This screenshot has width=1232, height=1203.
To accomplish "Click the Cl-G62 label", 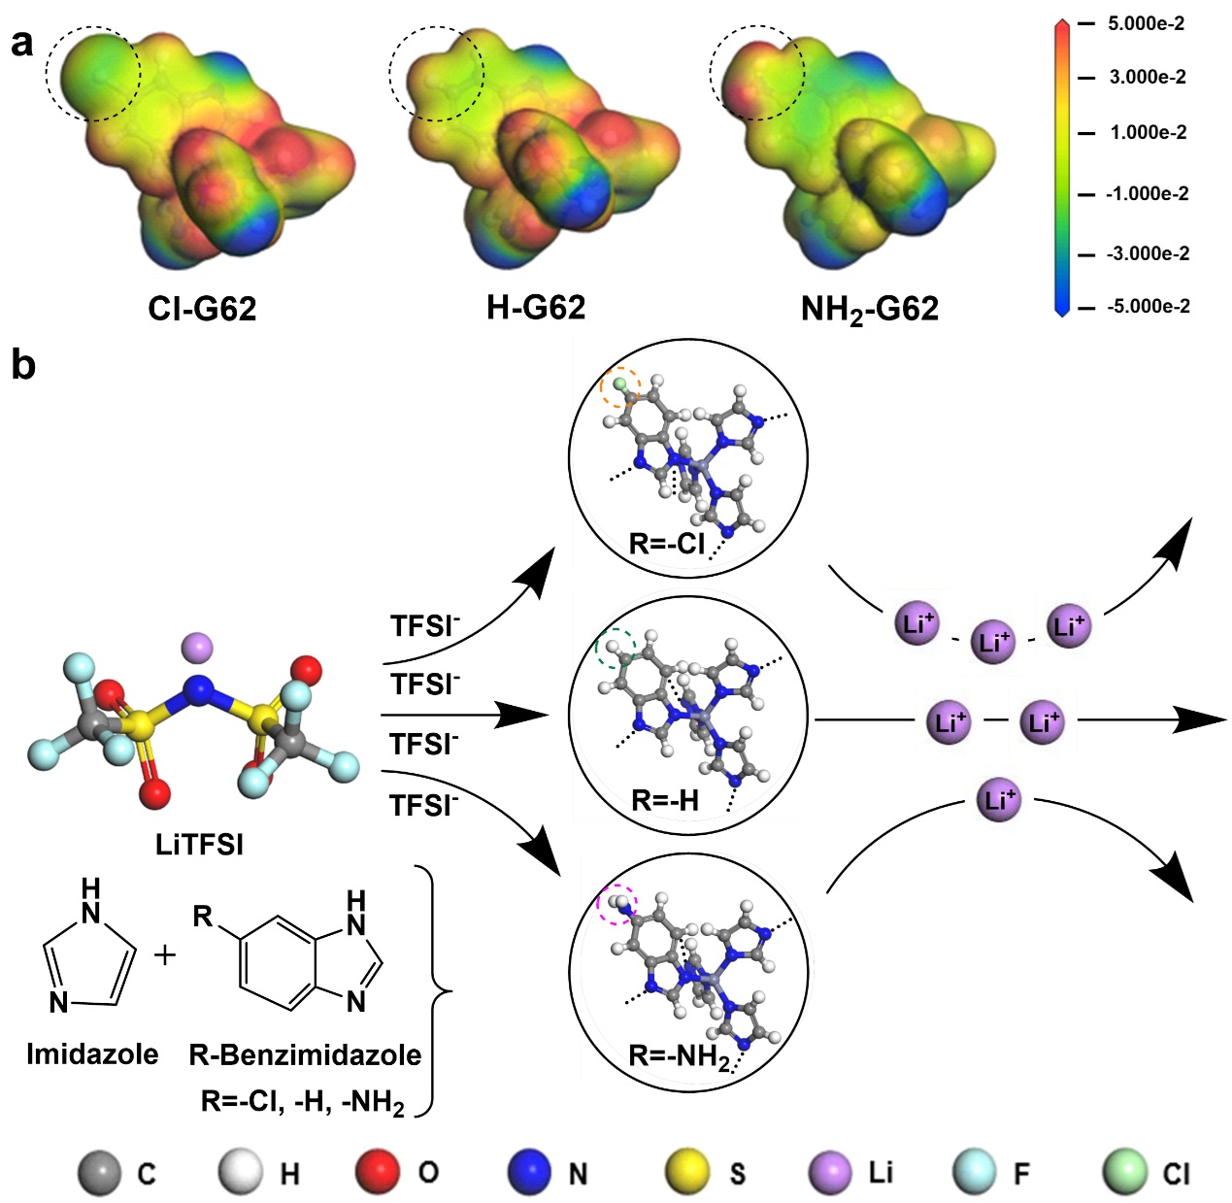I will click(x=202, y=309).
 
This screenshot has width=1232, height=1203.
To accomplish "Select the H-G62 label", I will click(x=536, y=308).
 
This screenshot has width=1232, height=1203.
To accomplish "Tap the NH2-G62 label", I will click(x=870, y=310).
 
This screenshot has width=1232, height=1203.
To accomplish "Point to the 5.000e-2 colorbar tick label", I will click(x=1146, y=24).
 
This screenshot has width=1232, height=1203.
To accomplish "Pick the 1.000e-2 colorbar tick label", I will click(x=1148, y=133).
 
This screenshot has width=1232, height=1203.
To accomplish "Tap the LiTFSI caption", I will click(x=199, y=844).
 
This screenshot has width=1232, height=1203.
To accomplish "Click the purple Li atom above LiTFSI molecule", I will click(x=197, y=646).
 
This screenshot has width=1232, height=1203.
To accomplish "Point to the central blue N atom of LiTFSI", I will click(x=199, y=690).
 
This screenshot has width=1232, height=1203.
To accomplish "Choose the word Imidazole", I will click(x=92, y=1053).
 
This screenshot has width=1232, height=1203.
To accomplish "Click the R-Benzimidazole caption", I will click(x=305, y=1054).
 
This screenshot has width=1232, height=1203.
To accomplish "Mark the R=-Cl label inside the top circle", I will click(x=667, y=543).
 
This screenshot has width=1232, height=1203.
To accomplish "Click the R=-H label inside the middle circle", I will click(x=665, y=800).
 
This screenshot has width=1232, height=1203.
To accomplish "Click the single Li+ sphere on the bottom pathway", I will click(x=998, y=801).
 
